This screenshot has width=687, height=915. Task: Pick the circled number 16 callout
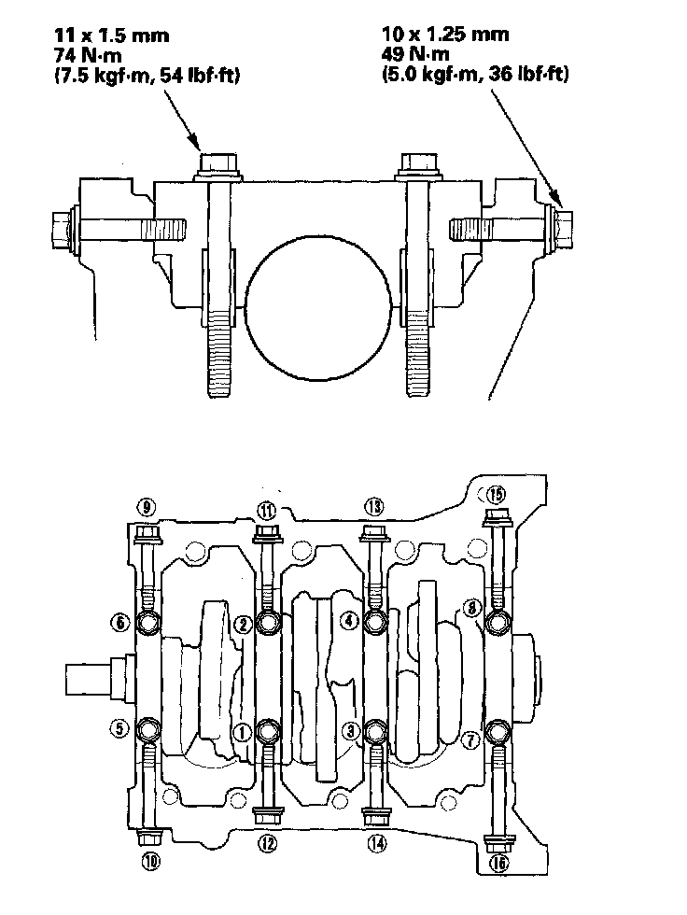click(x=497, y=864)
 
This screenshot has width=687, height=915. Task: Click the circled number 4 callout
click(x=348, y=619)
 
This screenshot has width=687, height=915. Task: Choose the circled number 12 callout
click(x=267, y=843)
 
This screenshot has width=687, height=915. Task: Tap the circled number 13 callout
click(x=374, y=507)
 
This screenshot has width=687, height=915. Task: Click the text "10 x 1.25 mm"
click(x=446, y=35)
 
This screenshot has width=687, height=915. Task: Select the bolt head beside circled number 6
click(x=148, y=623)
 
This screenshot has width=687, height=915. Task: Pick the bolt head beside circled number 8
click(x=498, y=623)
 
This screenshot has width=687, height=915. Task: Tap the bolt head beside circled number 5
click(x=148, y=728)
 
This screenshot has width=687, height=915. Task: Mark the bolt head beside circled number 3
click(x=375, y=729)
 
